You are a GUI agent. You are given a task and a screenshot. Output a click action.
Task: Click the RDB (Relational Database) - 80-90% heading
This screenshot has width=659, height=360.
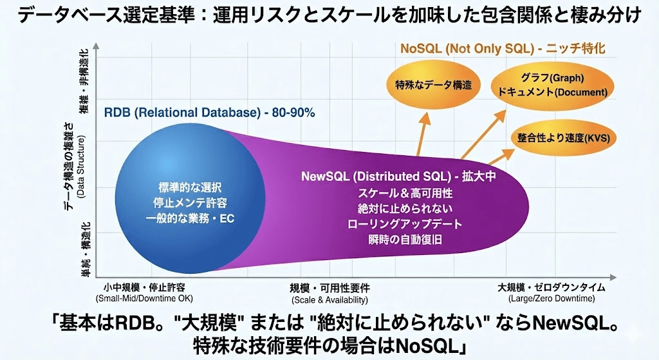tap(209, 113)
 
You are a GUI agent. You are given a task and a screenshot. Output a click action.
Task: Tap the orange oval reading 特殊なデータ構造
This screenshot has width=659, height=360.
tap(433, 84)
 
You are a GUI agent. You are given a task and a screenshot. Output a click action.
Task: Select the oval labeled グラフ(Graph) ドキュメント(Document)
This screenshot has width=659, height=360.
tap(552, 86)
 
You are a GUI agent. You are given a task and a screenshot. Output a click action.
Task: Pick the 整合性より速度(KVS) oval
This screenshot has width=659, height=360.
tap(563, 138)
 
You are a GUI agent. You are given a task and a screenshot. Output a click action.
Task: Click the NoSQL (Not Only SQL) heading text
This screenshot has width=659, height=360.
tap(467, 48)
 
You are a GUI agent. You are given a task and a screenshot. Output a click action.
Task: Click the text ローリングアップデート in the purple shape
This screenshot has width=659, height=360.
tap(405, 223)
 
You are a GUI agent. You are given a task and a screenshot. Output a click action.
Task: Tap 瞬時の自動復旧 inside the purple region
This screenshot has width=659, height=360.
tap(405, 240)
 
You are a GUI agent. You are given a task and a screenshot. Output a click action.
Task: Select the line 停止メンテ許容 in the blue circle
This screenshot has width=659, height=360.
tap(190, 203)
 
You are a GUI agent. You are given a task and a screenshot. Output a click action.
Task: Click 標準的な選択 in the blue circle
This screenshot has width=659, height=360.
tap(190, 187)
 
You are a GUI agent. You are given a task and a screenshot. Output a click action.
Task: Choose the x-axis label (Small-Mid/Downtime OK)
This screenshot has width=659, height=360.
tap(144, 299)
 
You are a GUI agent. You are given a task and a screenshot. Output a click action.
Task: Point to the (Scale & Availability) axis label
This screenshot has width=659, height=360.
tap(329, 300)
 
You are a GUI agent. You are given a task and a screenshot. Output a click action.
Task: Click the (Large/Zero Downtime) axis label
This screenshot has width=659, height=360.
tap(552, 299)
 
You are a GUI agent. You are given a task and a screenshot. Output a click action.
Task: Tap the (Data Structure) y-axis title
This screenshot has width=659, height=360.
tap(81, 166)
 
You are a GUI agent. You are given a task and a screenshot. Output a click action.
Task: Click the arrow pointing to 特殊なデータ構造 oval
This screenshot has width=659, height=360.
tap(423, 135)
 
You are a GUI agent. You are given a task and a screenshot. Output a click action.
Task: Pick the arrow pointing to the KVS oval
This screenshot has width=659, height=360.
tap(501, 156)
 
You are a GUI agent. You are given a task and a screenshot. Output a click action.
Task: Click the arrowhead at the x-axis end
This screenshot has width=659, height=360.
tap(613, 277)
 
